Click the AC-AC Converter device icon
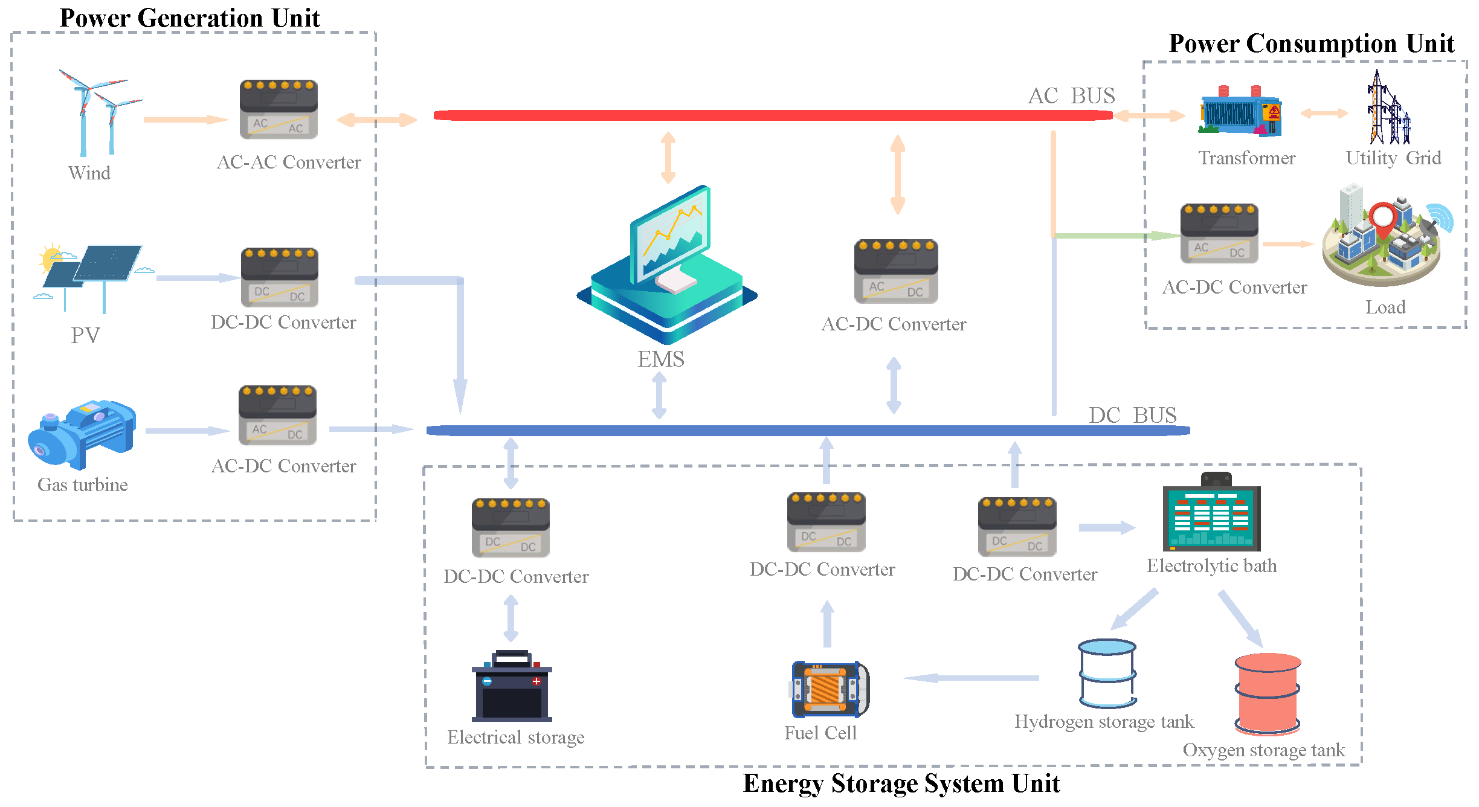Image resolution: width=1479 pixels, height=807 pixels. (x=279, y=109)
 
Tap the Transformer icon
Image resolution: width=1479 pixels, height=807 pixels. (x=1240, y=112)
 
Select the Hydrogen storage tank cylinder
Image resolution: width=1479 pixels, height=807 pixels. (x=1107, y=674)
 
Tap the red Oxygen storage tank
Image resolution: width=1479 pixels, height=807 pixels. (x=1267, y=693)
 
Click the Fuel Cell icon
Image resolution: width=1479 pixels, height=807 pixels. (x=830, y=689)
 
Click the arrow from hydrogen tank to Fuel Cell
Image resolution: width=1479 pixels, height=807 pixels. (x=970, y=678)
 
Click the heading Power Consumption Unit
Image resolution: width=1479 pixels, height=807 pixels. (x=1310, y=43)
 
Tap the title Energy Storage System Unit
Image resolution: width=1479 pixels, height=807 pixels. (x=901, y=783)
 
